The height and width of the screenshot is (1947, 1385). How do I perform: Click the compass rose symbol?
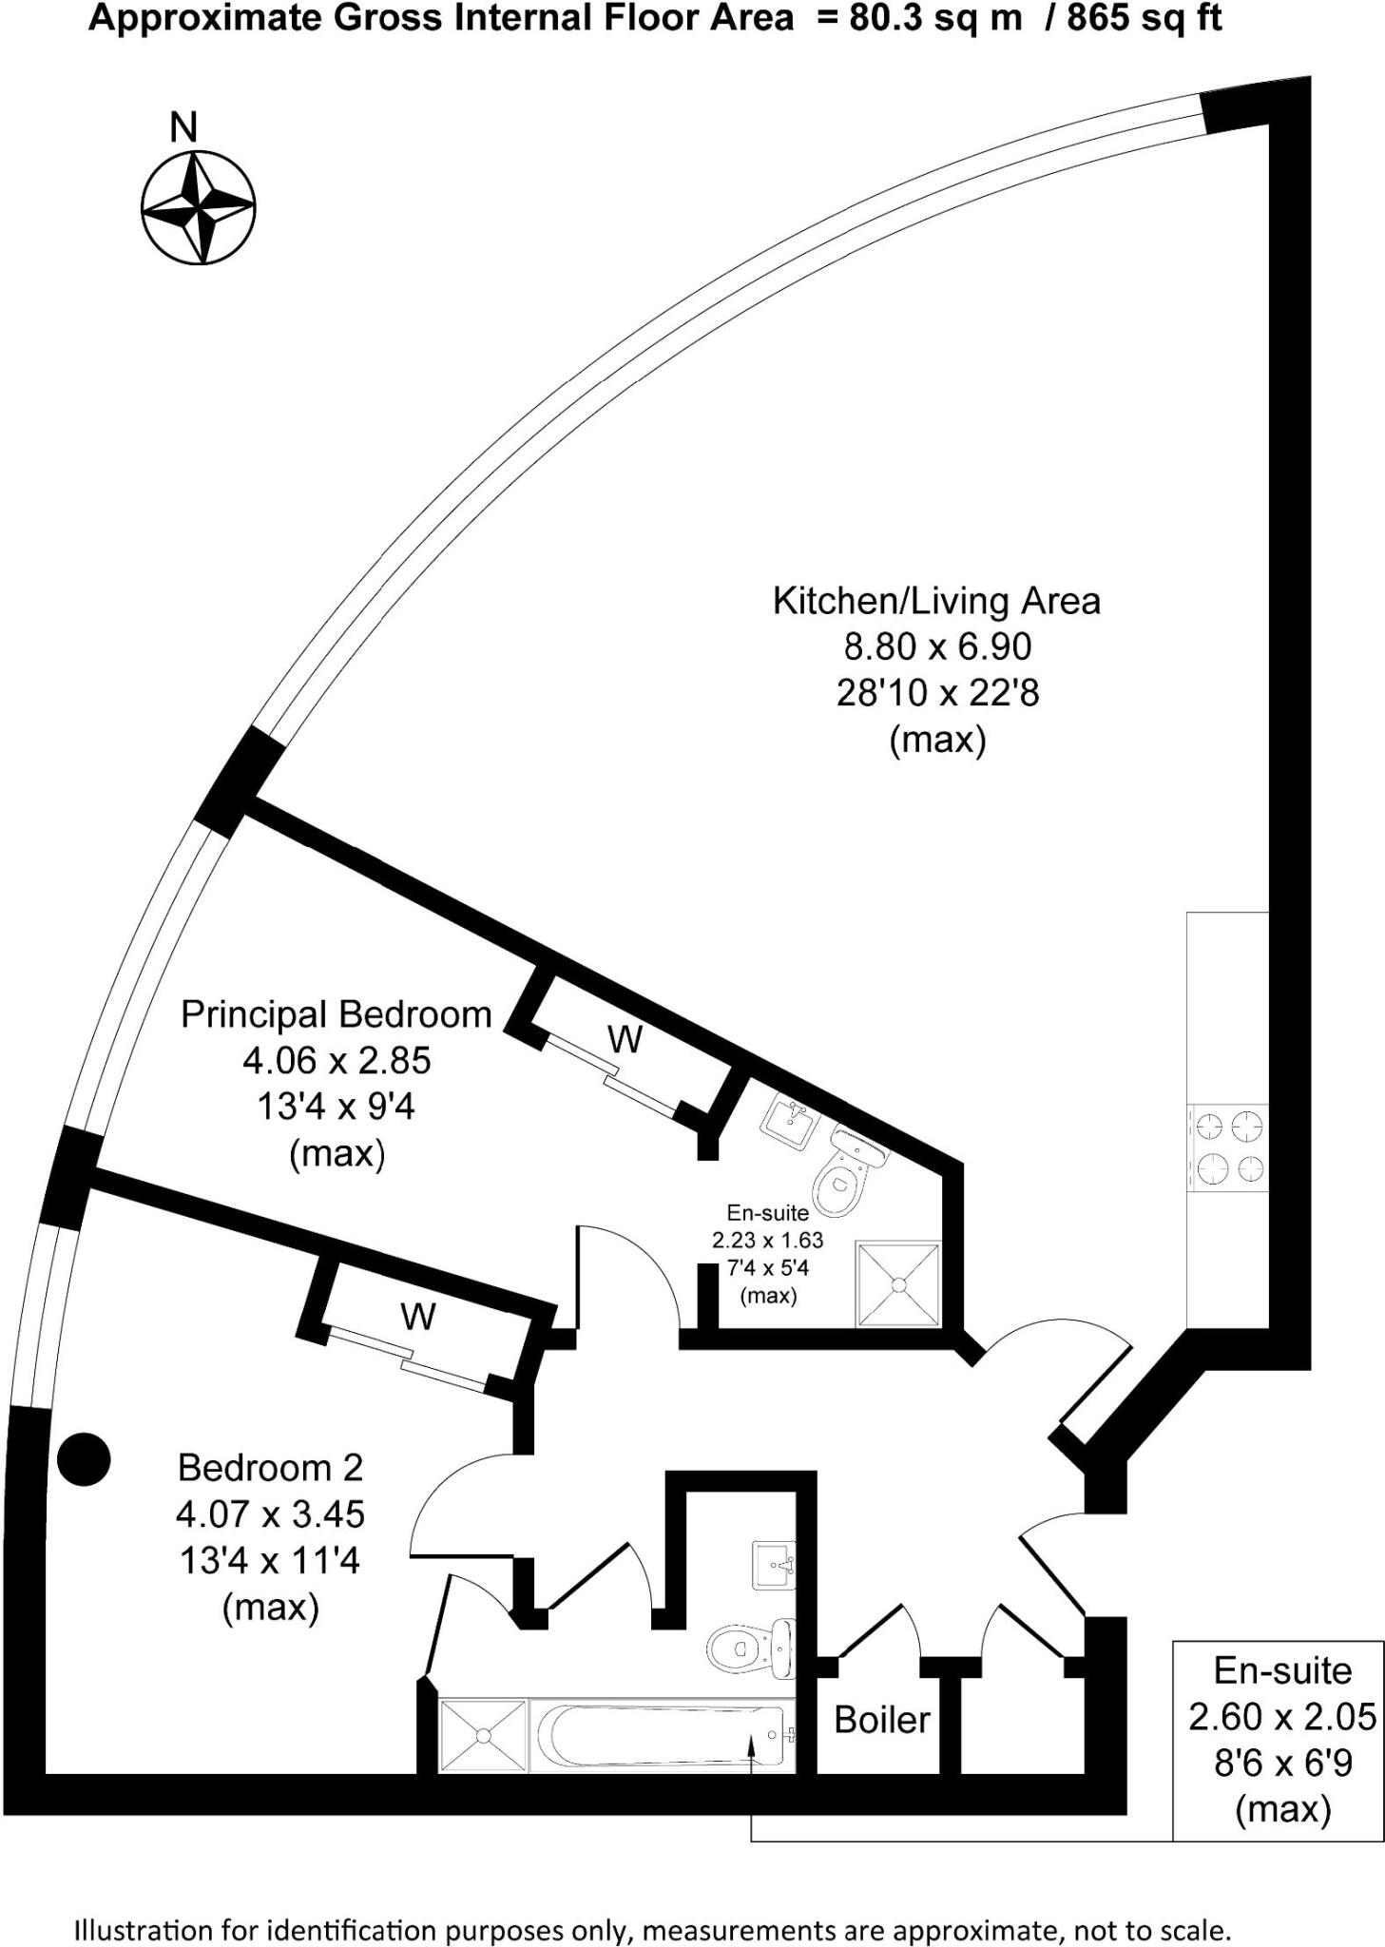(198, 207)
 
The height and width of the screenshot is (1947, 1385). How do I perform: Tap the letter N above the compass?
(183, 127)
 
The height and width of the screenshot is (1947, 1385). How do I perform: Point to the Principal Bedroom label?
(337, 1014)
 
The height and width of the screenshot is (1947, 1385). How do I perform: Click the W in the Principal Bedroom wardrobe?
(625, 1040)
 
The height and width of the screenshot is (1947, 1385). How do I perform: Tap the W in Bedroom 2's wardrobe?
(417, 1317)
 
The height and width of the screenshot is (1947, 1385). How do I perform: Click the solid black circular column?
(84, 1459)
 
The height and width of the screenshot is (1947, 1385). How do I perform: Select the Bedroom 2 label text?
(270, 1468)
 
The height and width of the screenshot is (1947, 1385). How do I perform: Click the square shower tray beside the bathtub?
(483, 1736)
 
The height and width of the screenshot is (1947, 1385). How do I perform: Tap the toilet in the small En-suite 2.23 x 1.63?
(846, 1174)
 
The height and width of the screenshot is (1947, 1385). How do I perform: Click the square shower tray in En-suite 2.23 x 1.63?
(898, 1284)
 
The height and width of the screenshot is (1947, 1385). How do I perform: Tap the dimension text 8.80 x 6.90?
(937, 647)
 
